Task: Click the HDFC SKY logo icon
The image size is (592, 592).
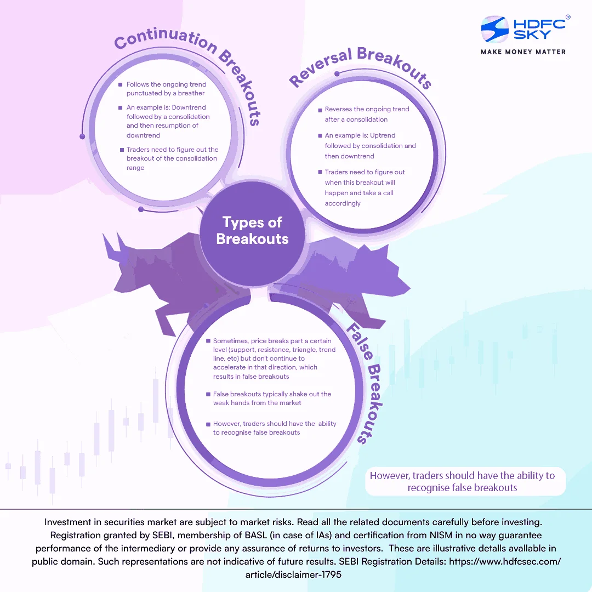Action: click(495, 29)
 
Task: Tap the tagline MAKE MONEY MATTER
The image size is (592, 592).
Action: click(523, 52)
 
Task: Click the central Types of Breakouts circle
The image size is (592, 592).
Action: click(252, 230)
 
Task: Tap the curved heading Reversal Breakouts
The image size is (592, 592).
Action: click(359, 66)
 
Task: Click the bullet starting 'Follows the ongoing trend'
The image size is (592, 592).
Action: click(166, 89)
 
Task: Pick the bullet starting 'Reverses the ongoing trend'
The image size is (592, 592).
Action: click(367, 114)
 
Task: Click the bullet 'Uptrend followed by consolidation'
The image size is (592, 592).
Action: click(370, 146)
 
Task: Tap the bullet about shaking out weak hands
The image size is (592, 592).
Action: click(272, 399)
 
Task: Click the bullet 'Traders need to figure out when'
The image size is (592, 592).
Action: click(365, 187)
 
